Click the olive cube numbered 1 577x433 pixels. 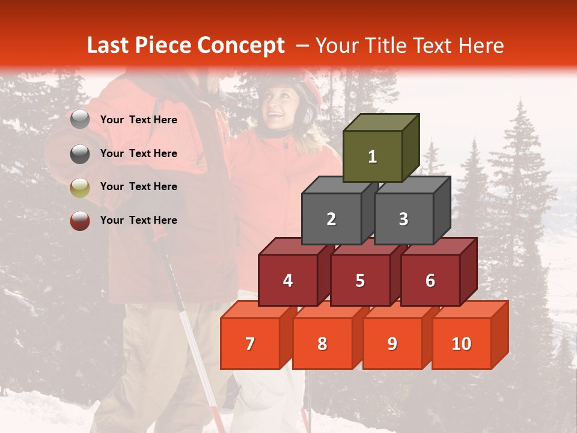click(372, 156)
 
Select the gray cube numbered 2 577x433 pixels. click(331, 219)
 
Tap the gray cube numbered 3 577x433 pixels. click(403, 219)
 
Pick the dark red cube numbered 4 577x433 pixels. click(288, 280)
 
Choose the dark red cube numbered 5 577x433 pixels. click(360, 280)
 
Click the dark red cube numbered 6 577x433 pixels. click(430, 280)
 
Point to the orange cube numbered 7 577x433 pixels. click(250, 343)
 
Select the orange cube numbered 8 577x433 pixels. click(322, 343)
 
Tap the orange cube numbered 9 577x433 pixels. click(392, 343)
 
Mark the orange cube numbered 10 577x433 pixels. click(461, 343)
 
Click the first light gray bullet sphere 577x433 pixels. click(80, 120)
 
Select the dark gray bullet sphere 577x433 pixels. click(80, 153)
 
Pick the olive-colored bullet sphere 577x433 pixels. click(80, 187)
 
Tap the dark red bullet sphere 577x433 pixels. click(80, 221)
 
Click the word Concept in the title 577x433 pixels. click(241, 46)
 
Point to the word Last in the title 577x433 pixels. click(110, 46)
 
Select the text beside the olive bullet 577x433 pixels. click(139, 186)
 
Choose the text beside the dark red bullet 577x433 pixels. click(139, 220)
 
